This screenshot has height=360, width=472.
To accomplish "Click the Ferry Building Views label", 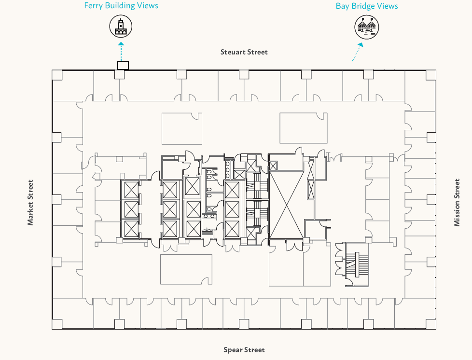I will coord(121,6).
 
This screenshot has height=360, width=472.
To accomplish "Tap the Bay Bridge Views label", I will coord(367,6).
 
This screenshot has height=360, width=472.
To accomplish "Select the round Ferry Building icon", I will coord(121,26).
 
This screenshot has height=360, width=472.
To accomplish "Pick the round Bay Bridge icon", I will coord(367,27).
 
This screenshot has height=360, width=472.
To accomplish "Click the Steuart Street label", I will coord(244,52).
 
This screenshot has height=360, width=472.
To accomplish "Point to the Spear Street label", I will coord(244,350).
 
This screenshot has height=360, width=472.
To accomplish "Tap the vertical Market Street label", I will coord(31,203).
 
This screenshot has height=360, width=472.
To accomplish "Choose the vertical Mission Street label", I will coord(457,203).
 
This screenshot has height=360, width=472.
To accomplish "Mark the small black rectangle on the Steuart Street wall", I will coord(123,66).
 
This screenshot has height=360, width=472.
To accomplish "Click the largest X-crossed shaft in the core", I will coord(287,200).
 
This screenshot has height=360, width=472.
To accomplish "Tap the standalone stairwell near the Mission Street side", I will coord(357,264).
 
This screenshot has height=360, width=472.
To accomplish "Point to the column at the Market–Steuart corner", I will coord(57,75).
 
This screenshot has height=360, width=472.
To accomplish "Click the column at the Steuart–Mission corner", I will coord(431,75).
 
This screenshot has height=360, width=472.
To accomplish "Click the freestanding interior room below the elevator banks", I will coord(186,269).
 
